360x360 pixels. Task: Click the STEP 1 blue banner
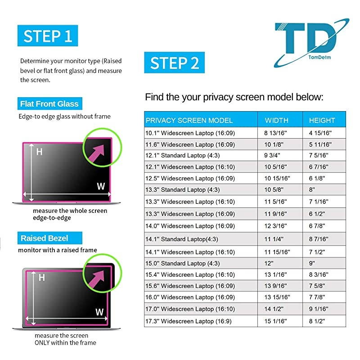48,36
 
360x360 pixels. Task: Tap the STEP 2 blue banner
175,63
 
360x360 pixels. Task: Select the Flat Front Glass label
49,104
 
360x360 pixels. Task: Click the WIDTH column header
276,120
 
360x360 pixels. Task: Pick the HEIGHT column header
322,120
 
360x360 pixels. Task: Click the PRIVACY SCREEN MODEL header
189,120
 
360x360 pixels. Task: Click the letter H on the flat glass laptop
39,152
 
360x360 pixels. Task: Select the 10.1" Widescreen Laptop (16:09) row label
189,133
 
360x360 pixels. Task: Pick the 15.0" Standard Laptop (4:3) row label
182,263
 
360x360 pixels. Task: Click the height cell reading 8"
313,190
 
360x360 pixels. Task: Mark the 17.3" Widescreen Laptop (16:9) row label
188,321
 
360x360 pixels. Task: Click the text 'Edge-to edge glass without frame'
64,117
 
